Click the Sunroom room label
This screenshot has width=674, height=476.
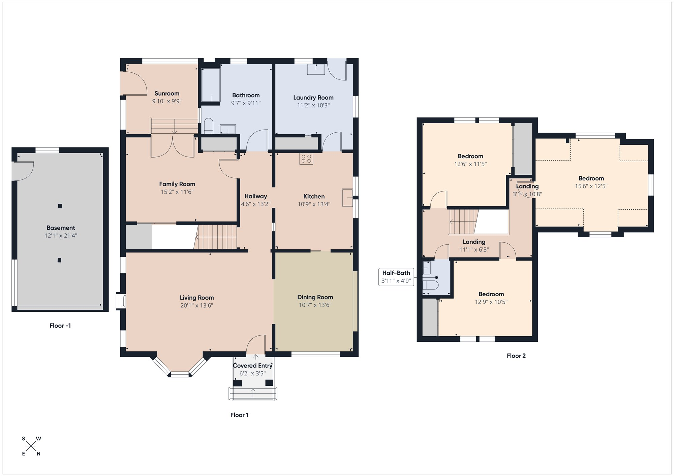tap(167, 94)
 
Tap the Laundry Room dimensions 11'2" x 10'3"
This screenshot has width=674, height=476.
tap(313, 105)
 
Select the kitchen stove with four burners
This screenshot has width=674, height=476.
tap(306, 159)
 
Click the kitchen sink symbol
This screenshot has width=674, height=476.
tap(347, 198)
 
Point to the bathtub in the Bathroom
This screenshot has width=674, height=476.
tap(211, 85)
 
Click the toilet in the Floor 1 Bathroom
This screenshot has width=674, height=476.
tap(209, 126)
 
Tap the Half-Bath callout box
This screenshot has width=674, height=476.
tap(396, 277)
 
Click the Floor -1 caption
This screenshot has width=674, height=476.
tap(60, 326)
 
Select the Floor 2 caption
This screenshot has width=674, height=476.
tap(516, 356)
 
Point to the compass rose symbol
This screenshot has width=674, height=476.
tap(31, 446)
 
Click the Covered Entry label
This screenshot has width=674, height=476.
tap(253, 366)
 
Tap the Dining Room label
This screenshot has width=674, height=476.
tap(315, 297)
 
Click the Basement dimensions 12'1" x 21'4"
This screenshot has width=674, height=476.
tap(61, 236)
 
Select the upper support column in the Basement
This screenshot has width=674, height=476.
tap(60, 206)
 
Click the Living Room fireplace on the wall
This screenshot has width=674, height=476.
tap(121, 301)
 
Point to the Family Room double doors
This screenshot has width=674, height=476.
tap(173, 146)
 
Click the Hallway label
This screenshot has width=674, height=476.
tap(255, 196)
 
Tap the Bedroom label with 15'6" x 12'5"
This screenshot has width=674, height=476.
tap(591, 178)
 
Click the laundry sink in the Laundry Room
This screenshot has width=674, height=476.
tap(316, 69)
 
